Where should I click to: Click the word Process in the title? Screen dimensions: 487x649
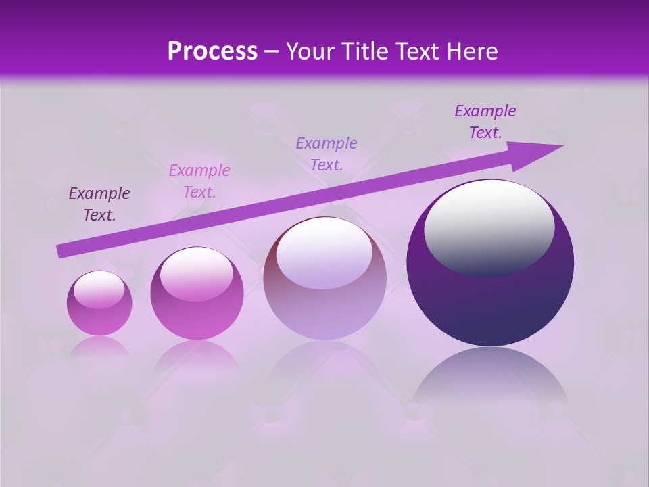point(212,51)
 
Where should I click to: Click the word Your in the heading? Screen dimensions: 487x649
point(309,51)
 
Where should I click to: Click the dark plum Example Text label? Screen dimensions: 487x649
point(99,204)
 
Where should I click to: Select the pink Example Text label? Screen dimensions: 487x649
point(199,181)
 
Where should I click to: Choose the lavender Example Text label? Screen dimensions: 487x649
point(327,154)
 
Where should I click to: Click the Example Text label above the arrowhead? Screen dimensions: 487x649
point(485,122)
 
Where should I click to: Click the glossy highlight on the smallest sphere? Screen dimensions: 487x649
point(99,289)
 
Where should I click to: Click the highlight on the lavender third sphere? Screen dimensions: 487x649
point(324,254)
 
